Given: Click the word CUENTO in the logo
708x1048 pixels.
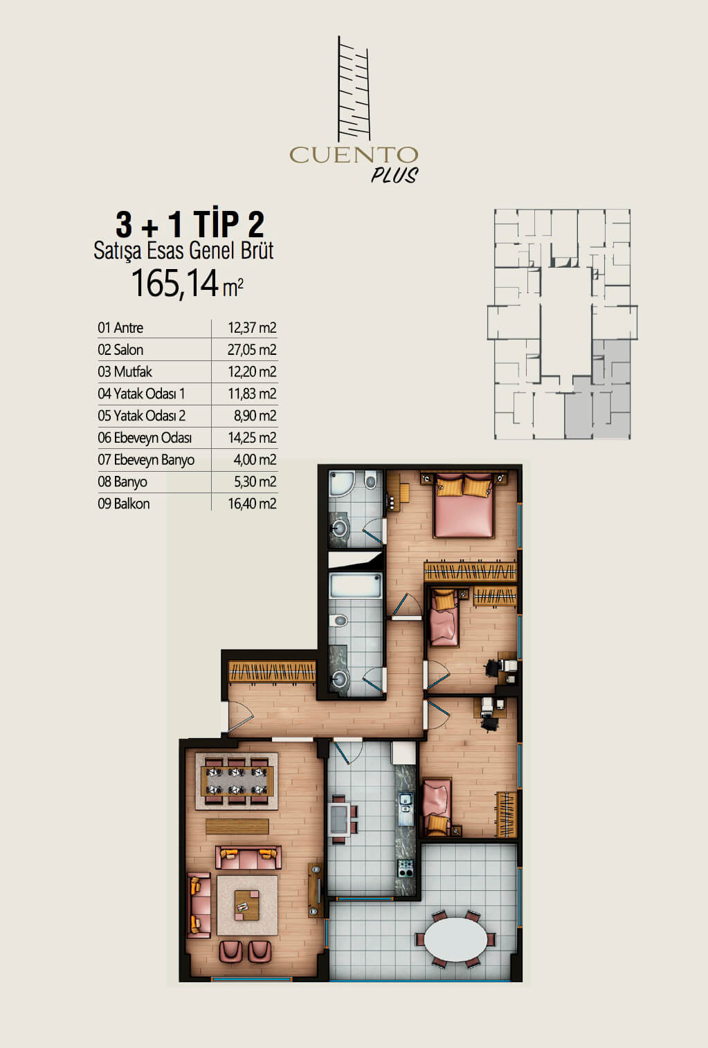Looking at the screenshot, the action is pyautogui.click(x=353, y=155).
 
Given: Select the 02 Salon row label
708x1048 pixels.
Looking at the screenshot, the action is pyautogui.click(x=120, y=349).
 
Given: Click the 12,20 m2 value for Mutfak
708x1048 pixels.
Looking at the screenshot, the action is pyautogui.click(x=252, y=371).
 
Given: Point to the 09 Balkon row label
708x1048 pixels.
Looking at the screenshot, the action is pyautogui.click(x=124, y=504).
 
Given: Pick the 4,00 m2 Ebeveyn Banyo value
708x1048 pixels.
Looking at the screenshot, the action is pyautogui.click(x=255, y=459).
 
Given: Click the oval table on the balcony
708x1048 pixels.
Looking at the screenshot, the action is pyautogui.click(x=455, y=939).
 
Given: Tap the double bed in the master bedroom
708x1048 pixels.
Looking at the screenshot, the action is pyautogui.click(x=463, y=505).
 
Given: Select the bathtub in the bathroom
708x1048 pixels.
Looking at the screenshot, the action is pyautogui.click(x=355, y=585).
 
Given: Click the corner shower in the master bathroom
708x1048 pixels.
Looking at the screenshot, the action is pyautogui.click(x=342, y=484).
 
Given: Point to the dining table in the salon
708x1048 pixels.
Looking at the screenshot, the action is pyautogui.click(x=237, y=781).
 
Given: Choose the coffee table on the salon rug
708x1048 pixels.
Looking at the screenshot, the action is pyautogui.click(x=246, y=905).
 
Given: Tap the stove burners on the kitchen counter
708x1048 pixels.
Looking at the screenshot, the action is pyautogui.click(x=406, y=868).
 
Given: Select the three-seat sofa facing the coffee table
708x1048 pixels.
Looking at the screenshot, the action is pyautogui.click(x=248, y=857).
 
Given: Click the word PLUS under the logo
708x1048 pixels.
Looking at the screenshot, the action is pyautogui.click(x=394, y=175).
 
